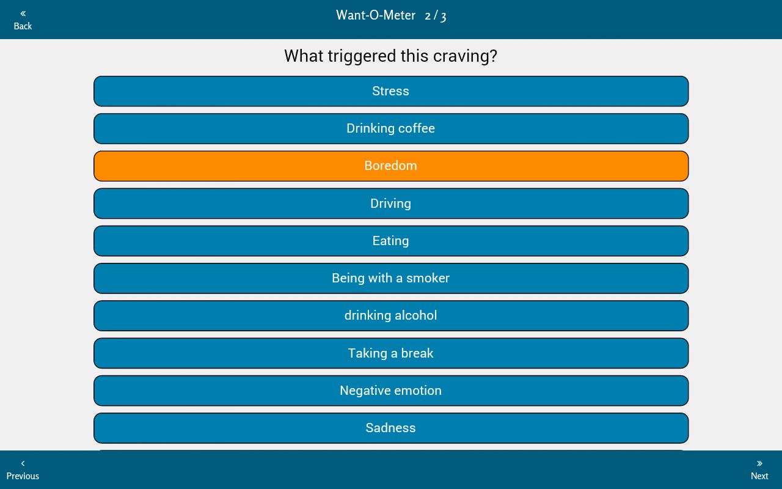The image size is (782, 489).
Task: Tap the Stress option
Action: click(x=391, y=91)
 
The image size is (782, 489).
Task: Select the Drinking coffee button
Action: click(x=391, y=128)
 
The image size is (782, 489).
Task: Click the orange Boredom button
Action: click(x=391, y=166)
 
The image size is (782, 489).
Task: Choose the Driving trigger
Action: click(x=391, y=204)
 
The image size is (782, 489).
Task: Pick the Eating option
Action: click(x=391, y=241)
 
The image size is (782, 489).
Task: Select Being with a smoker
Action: click(x=391, y=278)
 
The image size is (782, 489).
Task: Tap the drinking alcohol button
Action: click(x=391, y=315)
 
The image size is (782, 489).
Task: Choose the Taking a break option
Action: click(x=391, y=353)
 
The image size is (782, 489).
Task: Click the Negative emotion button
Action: click(x=391, y=391)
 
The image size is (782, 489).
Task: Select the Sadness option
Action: click(x=391, y=428)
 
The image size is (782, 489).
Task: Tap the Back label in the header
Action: click(x=23, y=26)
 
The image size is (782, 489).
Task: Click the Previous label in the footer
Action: click(x=23, y=476)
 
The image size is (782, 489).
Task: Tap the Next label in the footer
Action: click(x=759, y=476)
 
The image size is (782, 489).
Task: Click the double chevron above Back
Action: click(x=23, y=13)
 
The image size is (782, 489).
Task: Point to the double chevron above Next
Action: click(x=759, y=463)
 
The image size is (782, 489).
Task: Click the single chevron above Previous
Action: click(x=23, y=463)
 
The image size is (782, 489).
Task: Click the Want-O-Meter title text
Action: click(x=376, y=15)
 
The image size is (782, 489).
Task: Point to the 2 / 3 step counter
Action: click(x=436, y=16)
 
